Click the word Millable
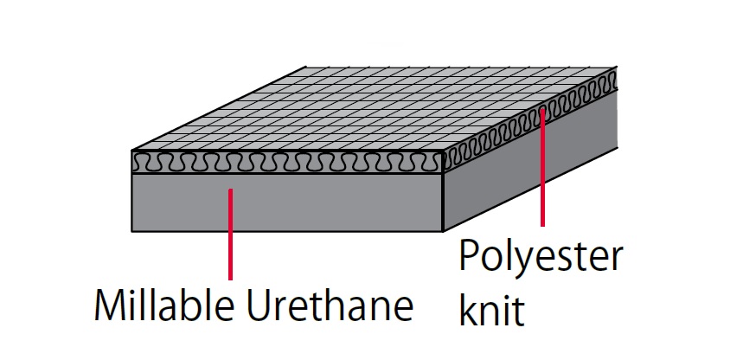click(163, 305)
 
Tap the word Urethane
click(330, 305)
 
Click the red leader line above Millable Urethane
click(230, 235)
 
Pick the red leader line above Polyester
click(542, 167)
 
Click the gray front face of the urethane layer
click(287, 202)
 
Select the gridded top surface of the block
click(375, 109)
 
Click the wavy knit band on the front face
click(287, 162)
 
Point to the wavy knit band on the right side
click(530, 120)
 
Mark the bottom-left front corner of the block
click(131, 231)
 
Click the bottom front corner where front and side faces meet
click(443, 231)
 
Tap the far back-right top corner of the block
click(617, 67)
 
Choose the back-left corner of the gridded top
click(305, 67)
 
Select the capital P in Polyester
click(470, 255)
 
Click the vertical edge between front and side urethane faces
click(443, 202)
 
